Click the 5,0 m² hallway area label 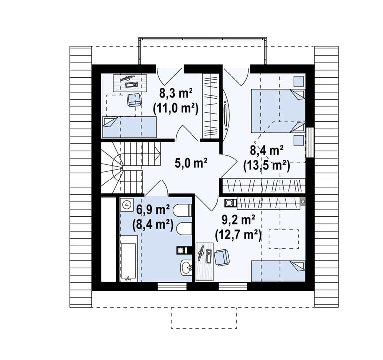click(x=191, y=163)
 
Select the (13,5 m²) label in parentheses click(x=266, y=166)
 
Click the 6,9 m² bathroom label click(x=153, y=210)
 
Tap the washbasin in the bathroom click(x=186, y=268)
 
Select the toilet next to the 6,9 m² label click(x=182, y=210)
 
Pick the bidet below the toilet click(x=184, y=229)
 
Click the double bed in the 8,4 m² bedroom click(x=278, y=111)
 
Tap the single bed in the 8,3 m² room click(x=130, y=127)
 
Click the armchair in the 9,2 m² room click(x=222, y=257)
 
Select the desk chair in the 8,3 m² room click(x=134, y=100)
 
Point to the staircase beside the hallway click(x=131, y=168)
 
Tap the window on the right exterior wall click(x=310, y=142)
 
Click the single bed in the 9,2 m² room click(x=278, y=271)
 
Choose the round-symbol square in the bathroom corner click(x=127, y=204)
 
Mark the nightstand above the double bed click(x=299, y=81)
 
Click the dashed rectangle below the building click(x=203, y=318)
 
